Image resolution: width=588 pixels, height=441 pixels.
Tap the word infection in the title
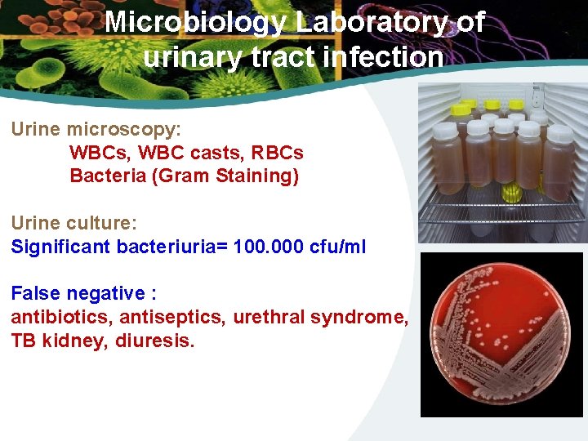(x=382, y=58)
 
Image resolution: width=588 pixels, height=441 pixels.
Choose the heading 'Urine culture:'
(x=77, y=223)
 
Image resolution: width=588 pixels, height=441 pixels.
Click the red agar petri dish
(x=499, y=335)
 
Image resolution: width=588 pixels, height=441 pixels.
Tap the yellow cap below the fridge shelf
(x=512, y=193)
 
